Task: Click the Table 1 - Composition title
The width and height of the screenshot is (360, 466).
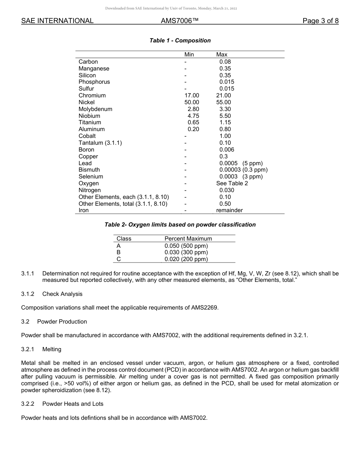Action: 180,41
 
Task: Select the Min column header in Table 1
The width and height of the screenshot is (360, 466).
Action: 189,55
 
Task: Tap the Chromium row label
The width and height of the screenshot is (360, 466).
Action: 92,95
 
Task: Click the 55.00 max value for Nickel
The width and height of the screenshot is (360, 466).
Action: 223,102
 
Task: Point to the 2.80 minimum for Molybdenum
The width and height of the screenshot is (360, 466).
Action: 193,109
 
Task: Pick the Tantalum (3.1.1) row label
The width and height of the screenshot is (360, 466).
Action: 100,143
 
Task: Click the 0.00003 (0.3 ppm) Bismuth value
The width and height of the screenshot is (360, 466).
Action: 243,170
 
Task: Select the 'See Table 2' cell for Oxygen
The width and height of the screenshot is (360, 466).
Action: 232,183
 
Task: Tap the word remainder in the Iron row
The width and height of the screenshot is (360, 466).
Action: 229,210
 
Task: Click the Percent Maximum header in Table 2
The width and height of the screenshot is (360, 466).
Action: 188,239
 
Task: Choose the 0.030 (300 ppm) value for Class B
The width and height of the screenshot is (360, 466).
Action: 186,252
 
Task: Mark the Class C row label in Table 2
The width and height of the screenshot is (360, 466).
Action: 119,259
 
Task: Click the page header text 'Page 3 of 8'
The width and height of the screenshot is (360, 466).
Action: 321,21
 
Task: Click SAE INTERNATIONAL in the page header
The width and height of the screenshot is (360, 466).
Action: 57,21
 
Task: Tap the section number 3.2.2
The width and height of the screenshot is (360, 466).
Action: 28,404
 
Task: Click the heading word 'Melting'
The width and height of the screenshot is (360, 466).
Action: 52,349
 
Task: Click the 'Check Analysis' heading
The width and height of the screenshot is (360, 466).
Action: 62,294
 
